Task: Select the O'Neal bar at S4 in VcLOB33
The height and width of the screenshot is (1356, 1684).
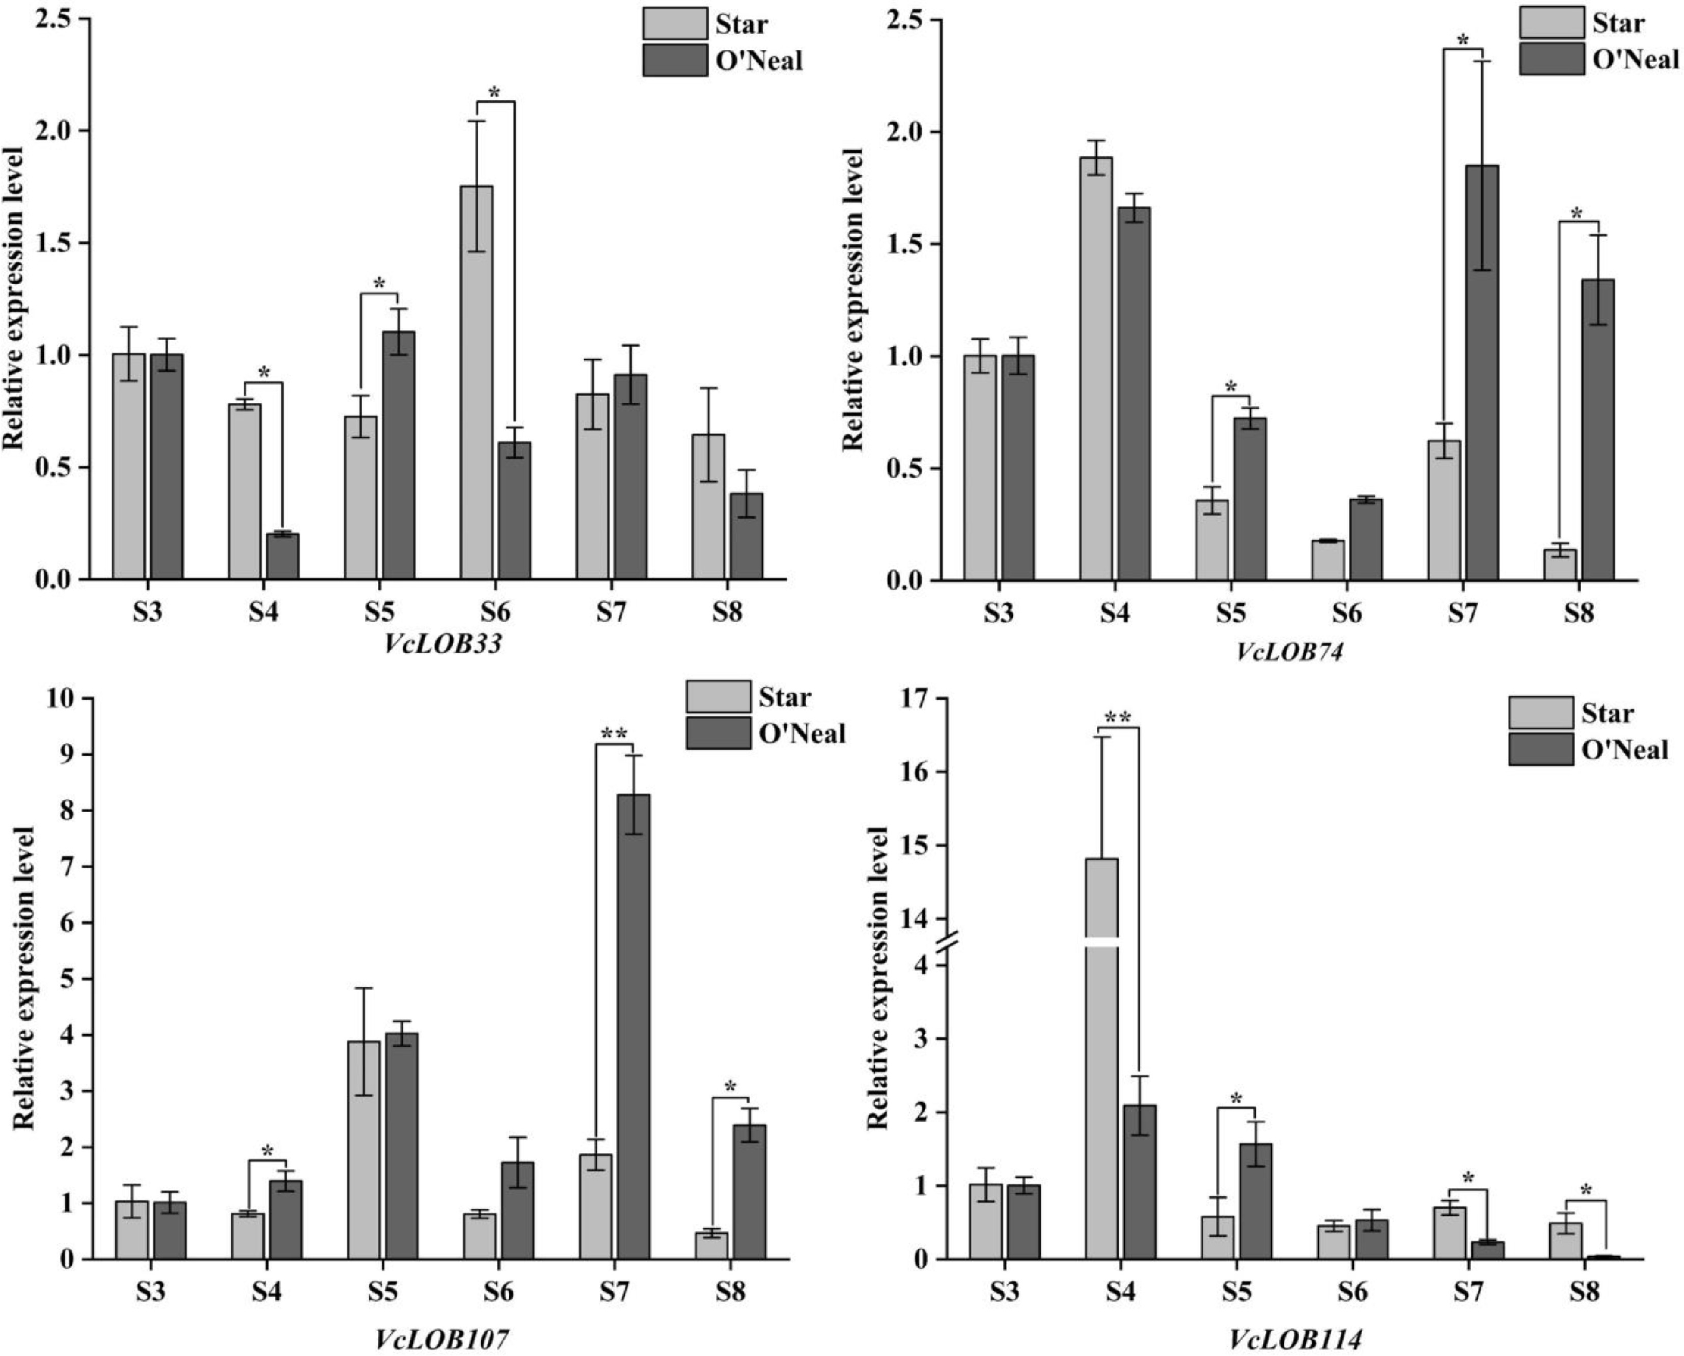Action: [x=282, y=556]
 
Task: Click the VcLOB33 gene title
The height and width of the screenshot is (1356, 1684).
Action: [x=442, y=645]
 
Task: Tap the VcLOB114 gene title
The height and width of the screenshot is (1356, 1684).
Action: [x=1296, y=1340]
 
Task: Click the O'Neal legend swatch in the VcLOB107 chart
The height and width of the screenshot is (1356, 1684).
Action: [x=718, y=733]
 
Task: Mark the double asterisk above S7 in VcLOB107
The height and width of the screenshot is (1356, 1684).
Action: [x=614, y=733]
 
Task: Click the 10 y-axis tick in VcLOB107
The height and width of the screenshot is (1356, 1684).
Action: [x=63, y=698]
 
